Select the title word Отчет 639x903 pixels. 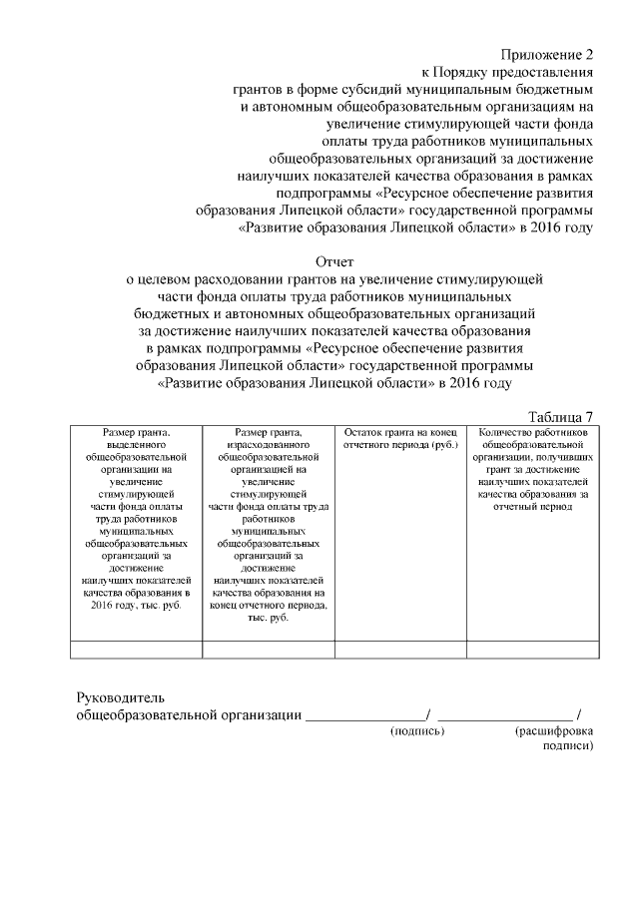tap(335, 261)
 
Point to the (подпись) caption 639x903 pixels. tap(416, 731)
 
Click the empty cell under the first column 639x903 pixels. tap(137, 650)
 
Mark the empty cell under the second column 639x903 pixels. tap(268, 650)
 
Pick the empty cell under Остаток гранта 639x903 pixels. tap(399, 650)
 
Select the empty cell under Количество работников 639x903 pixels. tap(533, 650)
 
